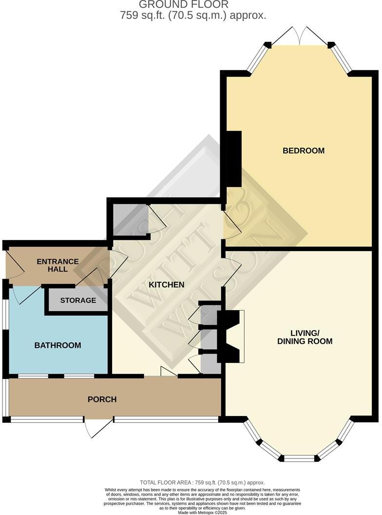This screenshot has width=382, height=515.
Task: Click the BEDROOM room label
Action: pos(304,151)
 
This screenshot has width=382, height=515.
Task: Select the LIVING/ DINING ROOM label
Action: pos(305,337)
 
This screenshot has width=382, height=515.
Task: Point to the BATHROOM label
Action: pos(57,345)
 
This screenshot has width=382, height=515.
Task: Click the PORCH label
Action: pos(102,399)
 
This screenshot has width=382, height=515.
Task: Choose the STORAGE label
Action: pos(78,300)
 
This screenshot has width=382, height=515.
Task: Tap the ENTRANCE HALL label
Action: pos(57,265)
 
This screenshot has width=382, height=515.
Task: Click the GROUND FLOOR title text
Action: pos(191,5)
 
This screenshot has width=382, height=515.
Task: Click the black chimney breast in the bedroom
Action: pos(234,159)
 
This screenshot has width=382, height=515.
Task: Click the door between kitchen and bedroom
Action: pos(231,223)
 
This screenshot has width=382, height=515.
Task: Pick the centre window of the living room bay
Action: pos(300,458)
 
